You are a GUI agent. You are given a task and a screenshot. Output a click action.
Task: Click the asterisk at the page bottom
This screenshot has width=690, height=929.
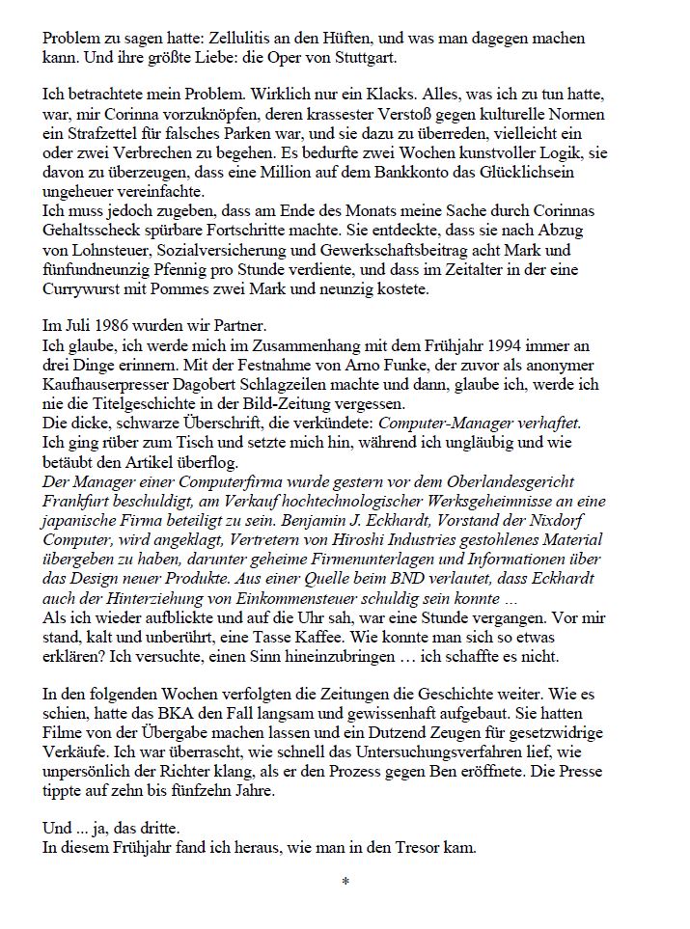(345, 883)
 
